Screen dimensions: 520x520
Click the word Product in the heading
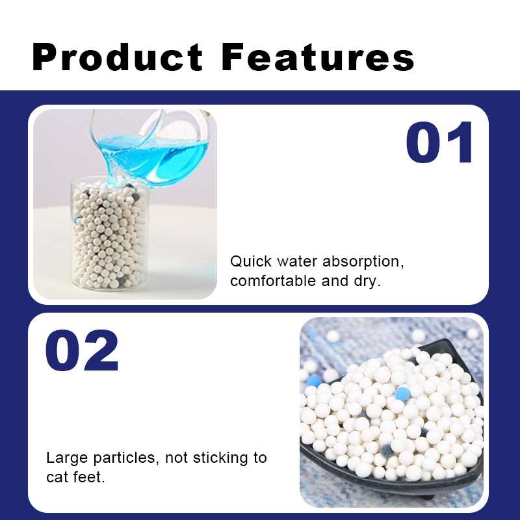[117, 57]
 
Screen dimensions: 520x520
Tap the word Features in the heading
[318, 57]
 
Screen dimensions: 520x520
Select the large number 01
[439, 142]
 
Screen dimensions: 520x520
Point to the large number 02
[82, 350]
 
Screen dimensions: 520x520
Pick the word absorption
[363, 262]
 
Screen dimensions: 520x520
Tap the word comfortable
[273, 281]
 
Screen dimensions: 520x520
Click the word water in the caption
[297, 262]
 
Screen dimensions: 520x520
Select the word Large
[67, 458]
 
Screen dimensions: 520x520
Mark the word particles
[123, 458]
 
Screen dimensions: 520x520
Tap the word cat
[57, 478]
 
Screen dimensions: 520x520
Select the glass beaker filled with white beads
[109, 234]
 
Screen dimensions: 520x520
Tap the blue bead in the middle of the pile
[402, 394]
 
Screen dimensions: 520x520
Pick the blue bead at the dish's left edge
[314, 381]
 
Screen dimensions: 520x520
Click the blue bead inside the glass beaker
[77, 220]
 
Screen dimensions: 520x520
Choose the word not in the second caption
[176, 458]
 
